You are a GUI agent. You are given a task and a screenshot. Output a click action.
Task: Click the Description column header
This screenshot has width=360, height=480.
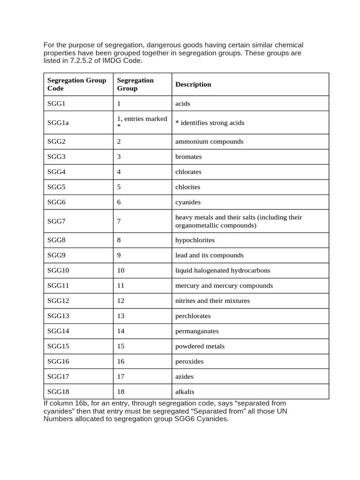click(x=193, y=84)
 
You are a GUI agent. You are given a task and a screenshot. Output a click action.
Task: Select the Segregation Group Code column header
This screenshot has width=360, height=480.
click(x=77, y=84)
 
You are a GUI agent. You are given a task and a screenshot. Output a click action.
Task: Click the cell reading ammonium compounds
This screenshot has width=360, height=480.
click(x=209, y=142)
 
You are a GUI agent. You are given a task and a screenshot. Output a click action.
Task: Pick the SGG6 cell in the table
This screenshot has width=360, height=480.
click(x=57, y=202)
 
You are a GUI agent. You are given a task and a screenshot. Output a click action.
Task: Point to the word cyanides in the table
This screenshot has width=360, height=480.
click(x=187, y=202)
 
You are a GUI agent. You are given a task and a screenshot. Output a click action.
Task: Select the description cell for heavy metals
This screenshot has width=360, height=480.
click(x=238, y=221)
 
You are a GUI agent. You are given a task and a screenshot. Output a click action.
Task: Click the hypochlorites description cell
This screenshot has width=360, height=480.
click(x=195, y=240)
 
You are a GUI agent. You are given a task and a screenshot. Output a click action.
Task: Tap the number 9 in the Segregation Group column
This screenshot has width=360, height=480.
click(x=119, y=255)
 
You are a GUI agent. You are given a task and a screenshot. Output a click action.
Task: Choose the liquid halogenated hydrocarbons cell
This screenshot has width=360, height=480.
click(x=223, y=270)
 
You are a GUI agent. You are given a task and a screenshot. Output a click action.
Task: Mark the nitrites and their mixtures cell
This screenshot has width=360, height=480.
click(x=212, y=301)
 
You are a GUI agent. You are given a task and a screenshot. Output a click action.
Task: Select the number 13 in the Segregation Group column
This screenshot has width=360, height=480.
click(x=121, y=316)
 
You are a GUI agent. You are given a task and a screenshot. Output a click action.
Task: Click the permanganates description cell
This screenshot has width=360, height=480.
click(x=197, y=331)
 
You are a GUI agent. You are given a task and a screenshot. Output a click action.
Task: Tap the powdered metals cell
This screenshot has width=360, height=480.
click(x=200, y=346)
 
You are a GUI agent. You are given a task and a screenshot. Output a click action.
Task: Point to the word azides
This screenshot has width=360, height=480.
click(x=184, y=376)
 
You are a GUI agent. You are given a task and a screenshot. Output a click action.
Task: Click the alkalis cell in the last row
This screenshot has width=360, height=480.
click(x=185, y=392)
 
